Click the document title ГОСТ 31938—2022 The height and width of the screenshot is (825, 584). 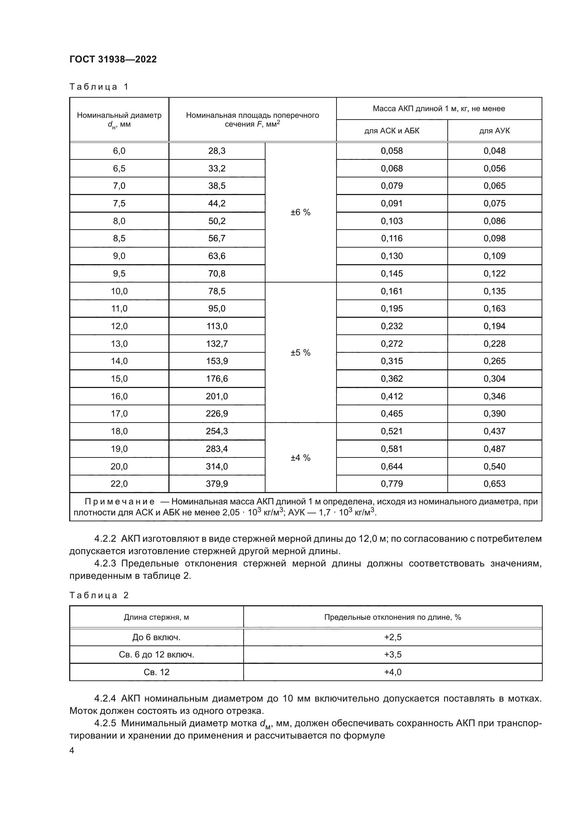coord(113,59)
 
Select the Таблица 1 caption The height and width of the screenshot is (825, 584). coord(99,87)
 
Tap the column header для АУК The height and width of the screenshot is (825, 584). coord(494,131)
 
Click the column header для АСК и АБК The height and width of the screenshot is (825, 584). coord(392,131)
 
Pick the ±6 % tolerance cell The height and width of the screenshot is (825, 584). coord(300,212)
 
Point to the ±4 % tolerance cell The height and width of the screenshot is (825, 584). coord(300,458)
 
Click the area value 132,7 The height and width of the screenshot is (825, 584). coord(216,344)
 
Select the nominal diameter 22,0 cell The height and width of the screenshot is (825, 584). coord(119,484)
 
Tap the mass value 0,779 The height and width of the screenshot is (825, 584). coord(392,484)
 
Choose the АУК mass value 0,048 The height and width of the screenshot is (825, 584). coord(494,151)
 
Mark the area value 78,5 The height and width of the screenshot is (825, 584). coord(216,291)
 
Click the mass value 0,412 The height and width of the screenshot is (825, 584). coord(392,396)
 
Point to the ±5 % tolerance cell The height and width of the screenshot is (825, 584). coord(300,352)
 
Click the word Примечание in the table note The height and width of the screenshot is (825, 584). coord(119,502)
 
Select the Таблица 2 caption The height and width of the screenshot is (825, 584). coord(99,595)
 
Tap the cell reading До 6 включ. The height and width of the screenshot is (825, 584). coord(156,637)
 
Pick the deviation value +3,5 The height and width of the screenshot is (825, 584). coord(392,654)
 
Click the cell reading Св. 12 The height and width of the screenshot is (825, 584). coord(156,672)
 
